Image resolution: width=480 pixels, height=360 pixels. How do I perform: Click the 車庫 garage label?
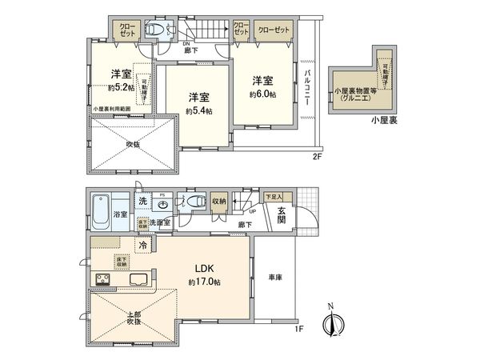pyautogui.click(x=274, y=277)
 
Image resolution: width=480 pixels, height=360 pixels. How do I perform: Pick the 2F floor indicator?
pyautogui.click(x=317, y=157)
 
